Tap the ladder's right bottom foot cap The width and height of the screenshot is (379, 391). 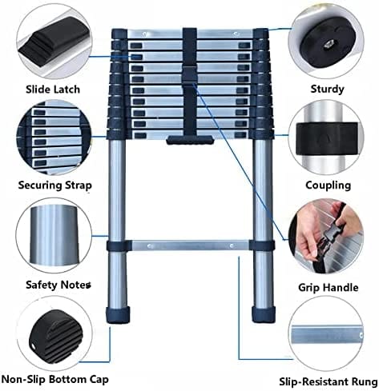click(x=261, y=311)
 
